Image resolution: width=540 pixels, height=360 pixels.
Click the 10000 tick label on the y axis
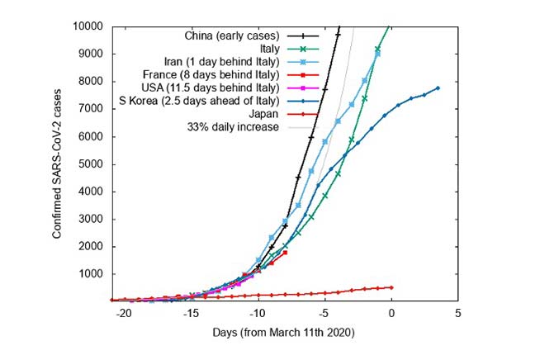click(87, 26)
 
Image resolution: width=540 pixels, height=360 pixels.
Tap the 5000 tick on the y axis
click(90, 163)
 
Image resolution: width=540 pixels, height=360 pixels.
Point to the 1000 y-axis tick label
click(90, 273)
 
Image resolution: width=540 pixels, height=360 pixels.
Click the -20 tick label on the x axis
click(123, 315)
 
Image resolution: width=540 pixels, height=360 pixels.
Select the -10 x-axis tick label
click(257, 315)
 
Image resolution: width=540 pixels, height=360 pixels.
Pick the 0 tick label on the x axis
click(391, 315)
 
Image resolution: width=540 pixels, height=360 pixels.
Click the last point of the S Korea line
click(438, 88)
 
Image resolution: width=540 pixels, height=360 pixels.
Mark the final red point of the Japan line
click(391, 287)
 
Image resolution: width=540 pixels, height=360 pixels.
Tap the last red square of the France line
click(285, 252)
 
